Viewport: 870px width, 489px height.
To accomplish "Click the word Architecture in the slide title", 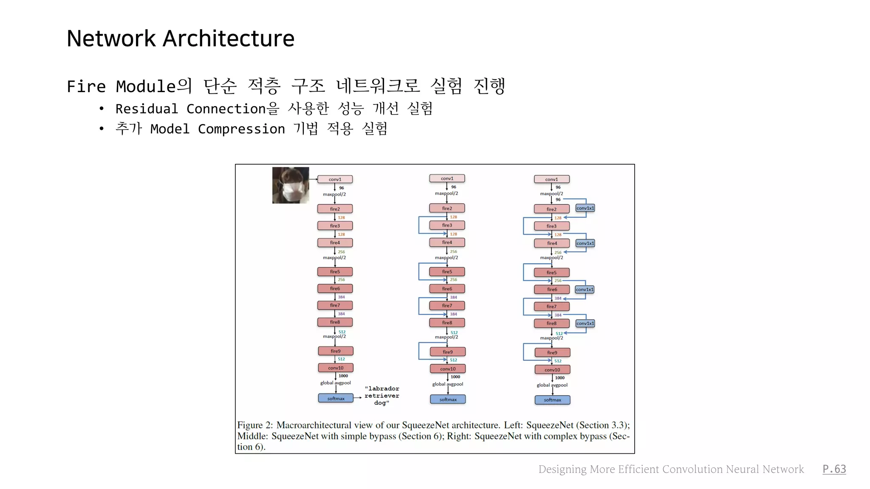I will point(229,39).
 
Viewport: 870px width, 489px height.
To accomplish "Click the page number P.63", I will point(834,469).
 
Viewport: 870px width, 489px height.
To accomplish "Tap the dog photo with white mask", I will point(291,185).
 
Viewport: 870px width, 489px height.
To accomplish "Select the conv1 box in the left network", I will point(335,180).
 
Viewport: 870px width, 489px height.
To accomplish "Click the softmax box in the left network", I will point(336,399).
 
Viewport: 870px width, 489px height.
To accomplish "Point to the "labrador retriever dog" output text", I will point(381,396).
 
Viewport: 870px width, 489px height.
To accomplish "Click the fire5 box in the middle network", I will point(447,272).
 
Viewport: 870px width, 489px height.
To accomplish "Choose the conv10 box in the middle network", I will point(448,369).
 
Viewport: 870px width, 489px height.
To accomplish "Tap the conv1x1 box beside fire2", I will point(585,208).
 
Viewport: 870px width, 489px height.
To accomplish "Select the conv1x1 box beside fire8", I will point(585,323).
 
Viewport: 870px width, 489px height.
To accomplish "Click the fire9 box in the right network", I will point(552,353).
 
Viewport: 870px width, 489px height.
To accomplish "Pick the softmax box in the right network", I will point(552,400).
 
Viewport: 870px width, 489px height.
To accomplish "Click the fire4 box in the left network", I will point(335,243).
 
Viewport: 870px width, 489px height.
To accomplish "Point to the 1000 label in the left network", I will point(343,376).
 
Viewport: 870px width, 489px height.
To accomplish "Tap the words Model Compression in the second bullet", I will point(217,129).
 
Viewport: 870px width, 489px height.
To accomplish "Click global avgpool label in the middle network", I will point(447,384).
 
